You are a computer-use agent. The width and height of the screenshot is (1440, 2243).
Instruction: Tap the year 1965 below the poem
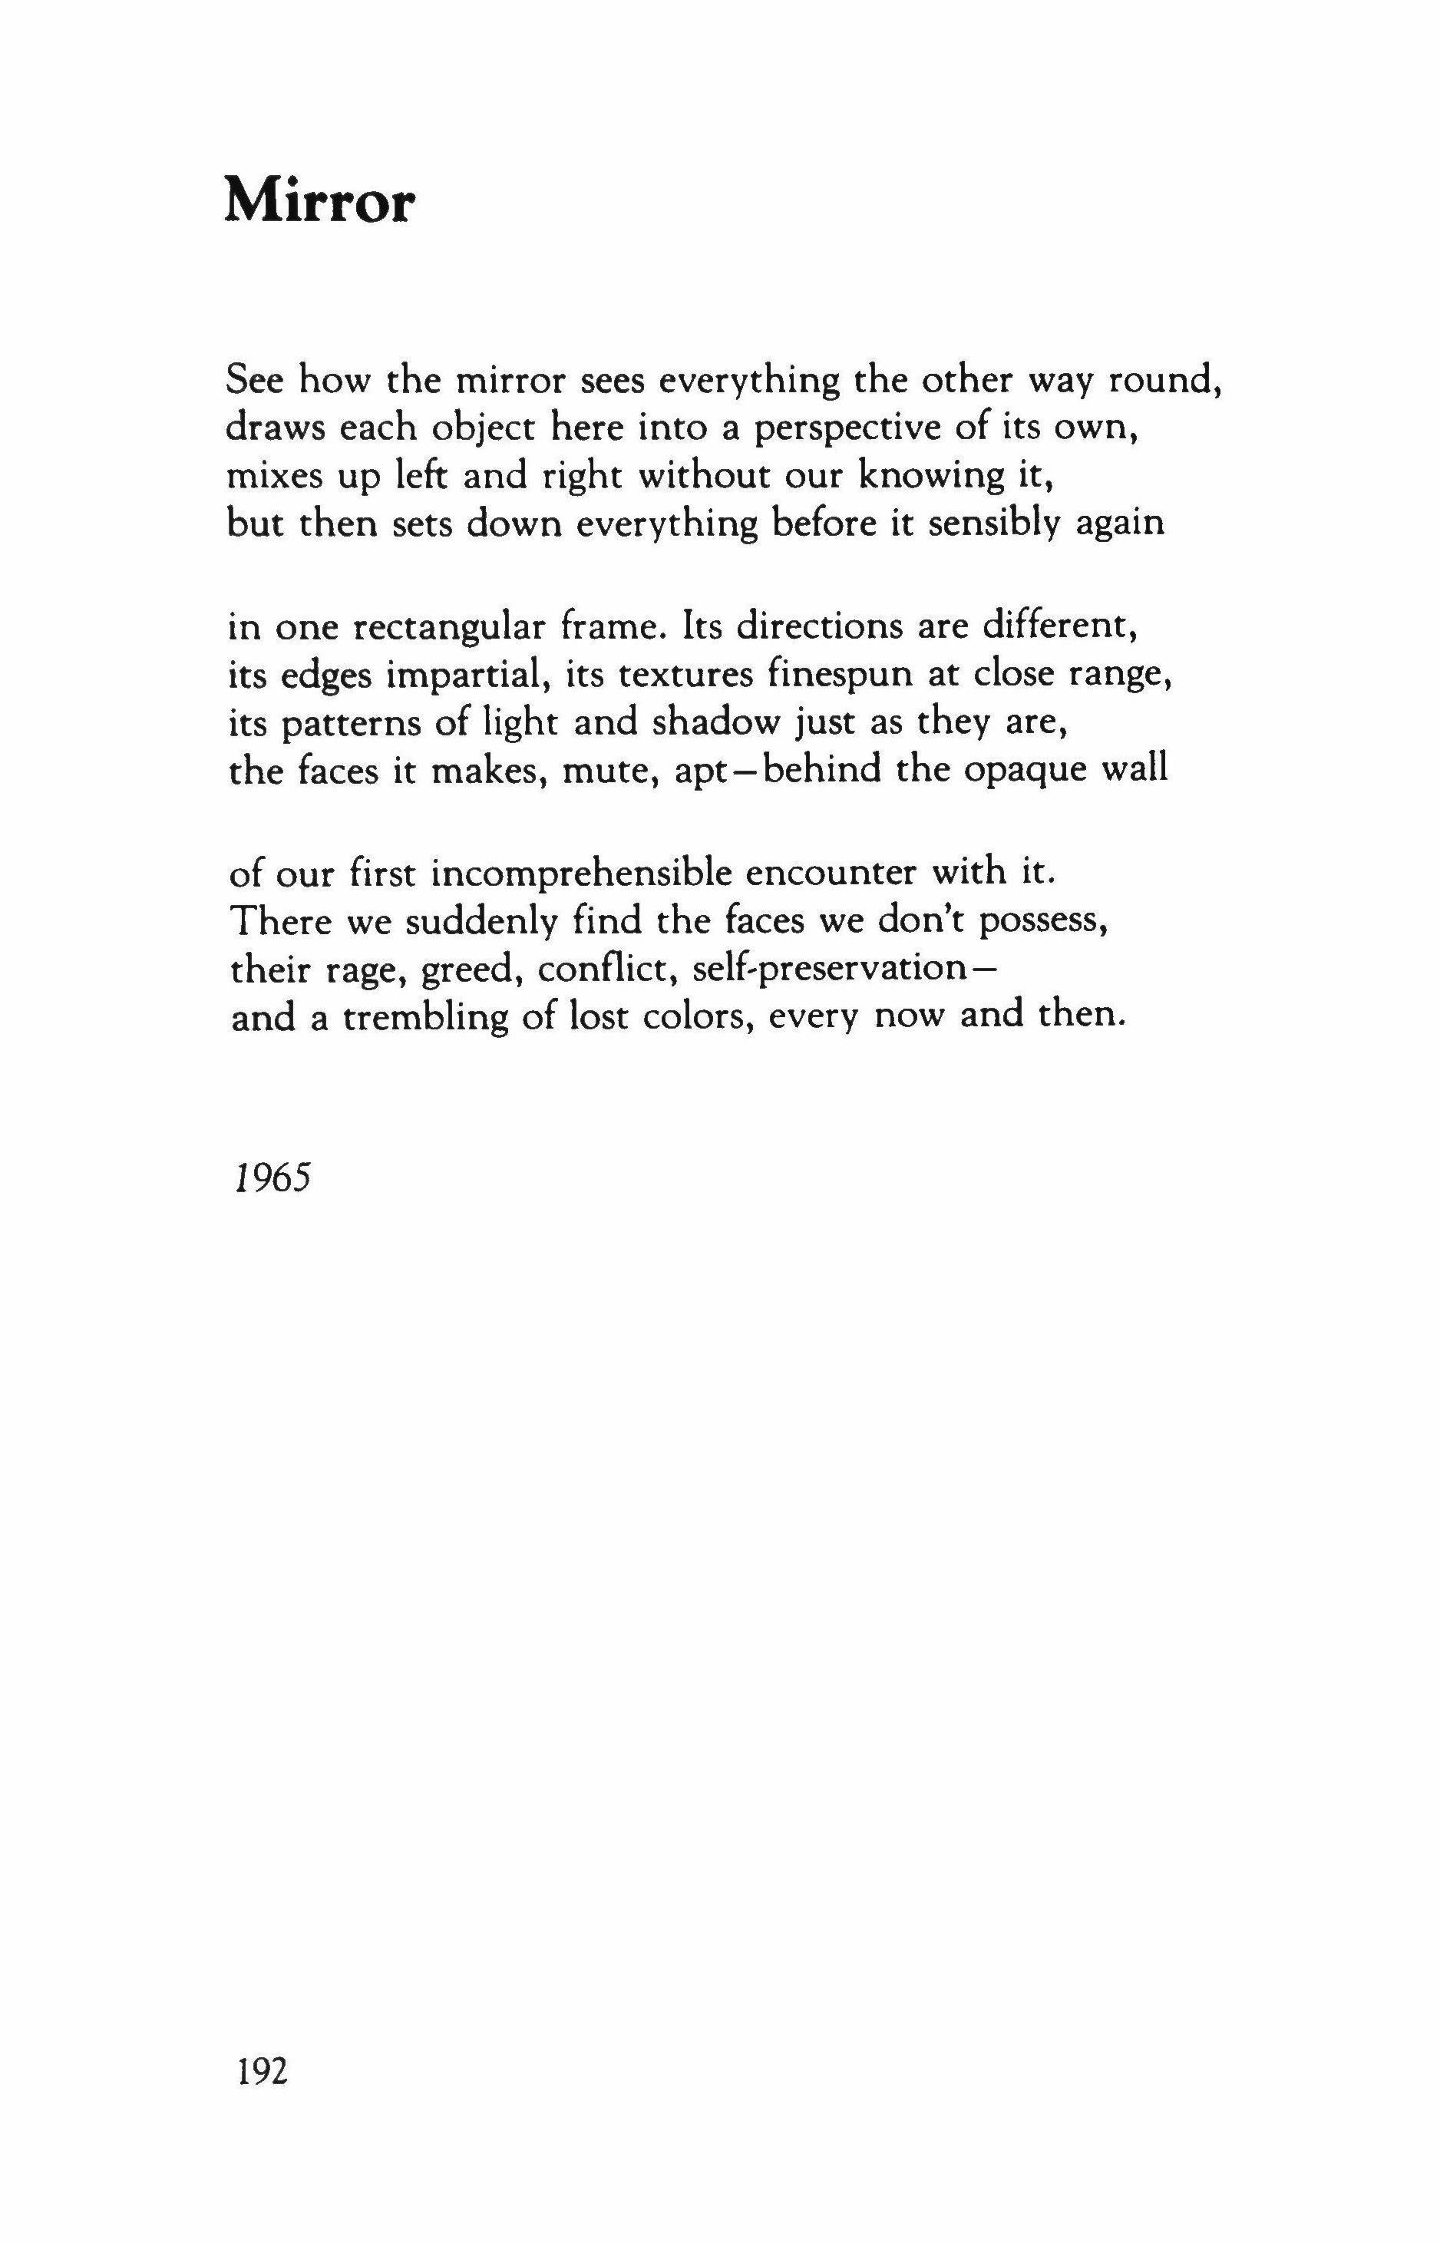coord(269,1180)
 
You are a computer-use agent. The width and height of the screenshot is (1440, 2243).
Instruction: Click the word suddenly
coord(474,922)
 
